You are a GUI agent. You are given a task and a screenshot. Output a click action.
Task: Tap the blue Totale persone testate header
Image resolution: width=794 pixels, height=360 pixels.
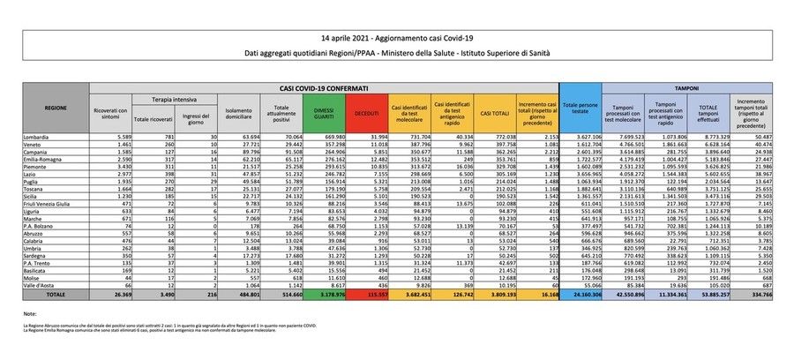[579, 110]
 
